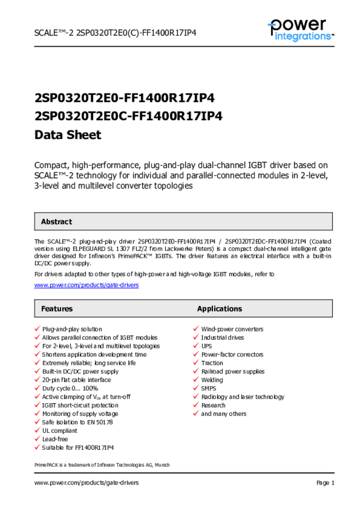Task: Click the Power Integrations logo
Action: tap(300, 29)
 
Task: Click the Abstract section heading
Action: tap(56, 222)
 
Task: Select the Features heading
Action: tap(57, 309)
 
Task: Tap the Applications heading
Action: tap(219, 309)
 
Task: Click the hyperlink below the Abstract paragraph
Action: tap(86, 285)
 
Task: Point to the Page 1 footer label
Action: tap(325, 483)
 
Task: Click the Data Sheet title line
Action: tap(68, 135)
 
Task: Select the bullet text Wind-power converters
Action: tap(232, 329)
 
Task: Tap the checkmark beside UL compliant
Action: tap(37, 430)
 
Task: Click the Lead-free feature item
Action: tap(55, 439)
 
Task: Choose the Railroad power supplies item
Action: tap(233, 371)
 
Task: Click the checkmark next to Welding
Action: tap(196, 380)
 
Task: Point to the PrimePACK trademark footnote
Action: tap(102, 465)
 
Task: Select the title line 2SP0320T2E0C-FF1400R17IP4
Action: tap(128, 116)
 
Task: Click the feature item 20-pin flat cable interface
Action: tap(77, 380)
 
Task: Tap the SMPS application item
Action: tap(208, 388)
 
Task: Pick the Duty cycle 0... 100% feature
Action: tap(70, 388)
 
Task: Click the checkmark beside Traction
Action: tap(196, 363)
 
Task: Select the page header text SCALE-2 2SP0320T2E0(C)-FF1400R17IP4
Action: tap(115, 33)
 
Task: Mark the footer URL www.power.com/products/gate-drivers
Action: tap(86, 483)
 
